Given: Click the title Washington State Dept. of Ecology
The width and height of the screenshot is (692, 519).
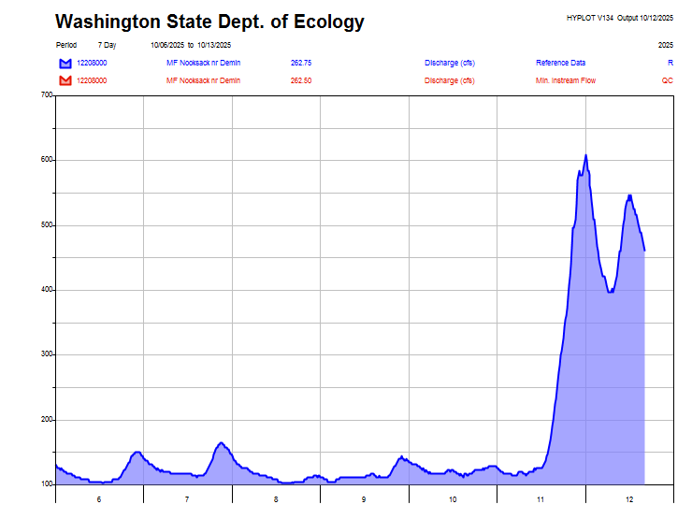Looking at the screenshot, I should (x=209, y=22).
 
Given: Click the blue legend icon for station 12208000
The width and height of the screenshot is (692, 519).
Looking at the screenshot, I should (x=65, y=63).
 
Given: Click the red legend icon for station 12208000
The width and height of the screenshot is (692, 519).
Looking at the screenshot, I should (x=65, y=80).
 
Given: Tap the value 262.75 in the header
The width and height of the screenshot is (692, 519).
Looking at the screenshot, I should (x=301, y=63).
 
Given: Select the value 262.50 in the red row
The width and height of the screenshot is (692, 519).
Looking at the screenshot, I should (x=301, y=80).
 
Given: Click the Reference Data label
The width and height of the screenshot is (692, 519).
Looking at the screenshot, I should (x=560, y=63).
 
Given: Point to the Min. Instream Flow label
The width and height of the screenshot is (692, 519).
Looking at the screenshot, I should (x=566, y=80).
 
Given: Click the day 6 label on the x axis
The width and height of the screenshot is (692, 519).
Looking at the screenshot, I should (x=99, y=500).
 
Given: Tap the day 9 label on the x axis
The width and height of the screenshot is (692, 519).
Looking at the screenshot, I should (x=365, y=500).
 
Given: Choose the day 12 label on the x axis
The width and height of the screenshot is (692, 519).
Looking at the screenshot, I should (x=629, y=500).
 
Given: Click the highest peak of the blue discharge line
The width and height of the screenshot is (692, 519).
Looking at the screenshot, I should (x=586, y=155).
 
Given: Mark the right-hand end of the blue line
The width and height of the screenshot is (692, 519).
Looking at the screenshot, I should (x=644, y=250).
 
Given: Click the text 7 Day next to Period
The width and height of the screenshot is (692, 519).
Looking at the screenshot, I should (x=107, y=45).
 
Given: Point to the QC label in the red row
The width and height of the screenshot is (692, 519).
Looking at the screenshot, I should (x=668, y=80).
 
